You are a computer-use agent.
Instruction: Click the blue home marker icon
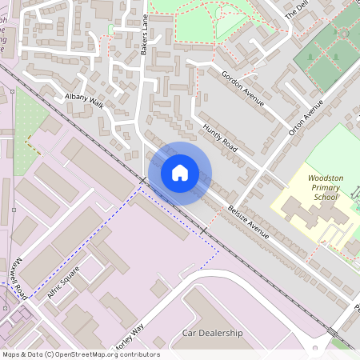click(x=180, y=172)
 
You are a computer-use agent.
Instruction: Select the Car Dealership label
click(x=212, y=333)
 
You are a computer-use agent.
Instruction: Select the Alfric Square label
click(x=64, y=282)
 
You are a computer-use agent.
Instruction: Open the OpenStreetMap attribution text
click(x=81, y=354)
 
